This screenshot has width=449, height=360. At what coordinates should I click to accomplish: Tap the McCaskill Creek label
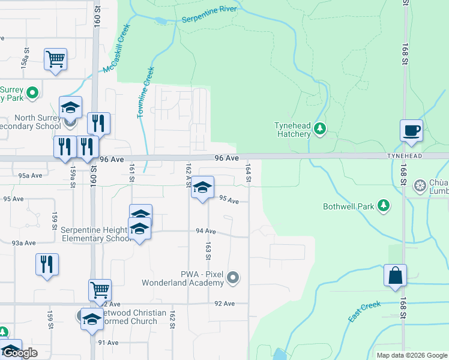pos(116,49)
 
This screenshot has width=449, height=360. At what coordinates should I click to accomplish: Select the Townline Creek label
pos(146,92)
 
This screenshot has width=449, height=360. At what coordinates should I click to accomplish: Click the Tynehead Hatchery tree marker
pos(320,128)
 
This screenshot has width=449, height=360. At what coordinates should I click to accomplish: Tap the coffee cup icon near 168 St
pos(411,131)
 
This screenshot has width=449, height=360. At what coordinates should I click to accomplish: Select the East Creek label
pos(364,312)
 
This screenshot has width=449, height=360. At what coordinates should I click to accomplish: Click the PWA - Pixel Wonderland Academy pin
pos(234,278)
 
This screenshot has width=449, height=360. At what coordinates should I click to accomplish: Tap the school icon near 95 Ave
pos(203,188)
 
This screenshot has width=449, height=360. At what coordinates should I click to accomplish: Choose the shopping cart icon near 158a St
pos(55,59)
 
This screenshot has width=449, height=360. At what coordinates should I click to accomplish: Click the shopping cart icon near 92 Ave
pos(100,290)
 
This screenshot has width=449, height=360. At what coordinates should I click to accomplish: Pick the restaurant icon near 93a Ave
pos(47,264)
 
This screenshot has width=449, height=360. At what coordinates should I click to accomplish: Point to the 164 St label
pos(247,172)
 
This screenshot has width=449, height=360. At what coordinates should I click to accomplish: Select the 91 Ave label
pos(109,343)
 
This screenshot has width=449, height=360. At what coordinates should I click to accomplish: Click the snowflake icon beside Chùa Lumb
pos(420,184)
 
